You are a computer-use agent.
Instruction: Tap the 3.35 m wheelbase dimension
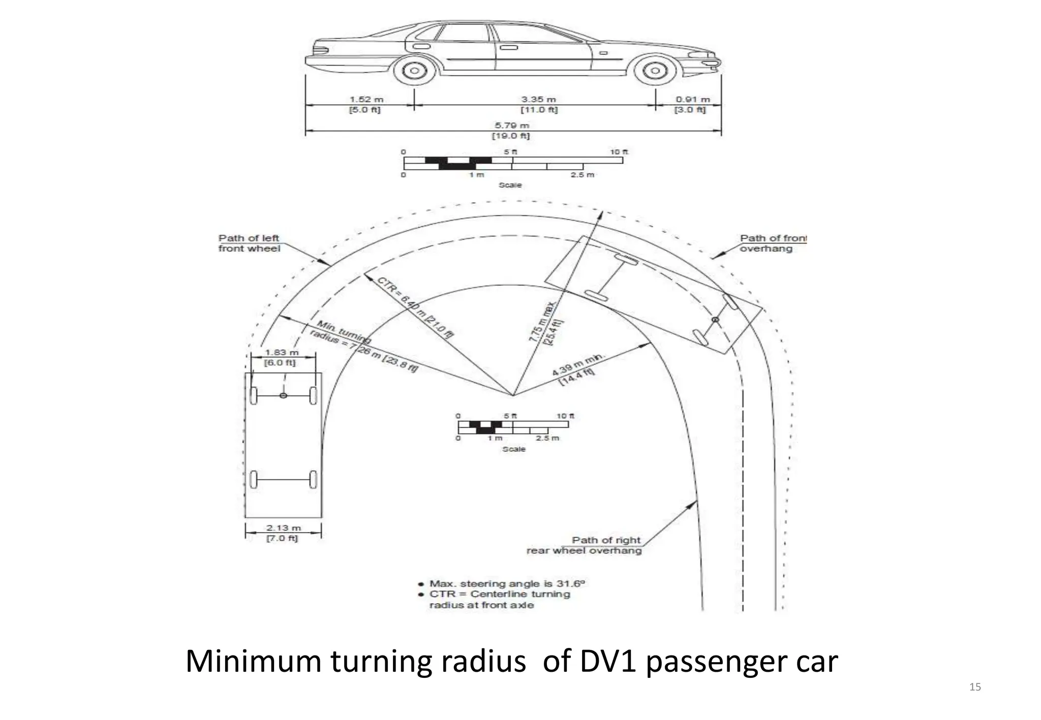pos(539,105)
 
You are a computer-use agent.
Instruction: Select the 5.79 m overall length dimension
pos(511,130)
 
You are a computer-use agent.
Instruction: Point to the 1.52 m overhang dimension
pos(365,105)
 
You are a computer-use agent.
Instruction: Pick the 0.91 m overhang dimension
pos(692,105)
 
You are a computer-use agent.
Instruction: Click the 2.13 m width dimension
pos(283,533)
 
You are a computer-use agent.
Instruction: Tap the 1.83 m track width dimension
pos(281,357)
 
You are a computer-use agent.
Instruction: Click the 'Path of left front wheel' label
pos(249,243)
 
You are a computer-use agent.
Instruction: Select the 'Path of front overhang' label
pos(773,243)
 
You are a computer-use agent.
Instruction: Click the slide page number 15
pos(975,687)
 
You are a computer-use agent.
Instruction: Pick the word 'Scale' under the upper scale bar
pos(510,185)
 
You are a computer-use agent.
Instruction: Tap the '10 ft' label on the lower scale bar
pos(565,416)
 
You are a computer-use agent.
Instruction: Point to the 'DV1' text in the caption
pos(607,662)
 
